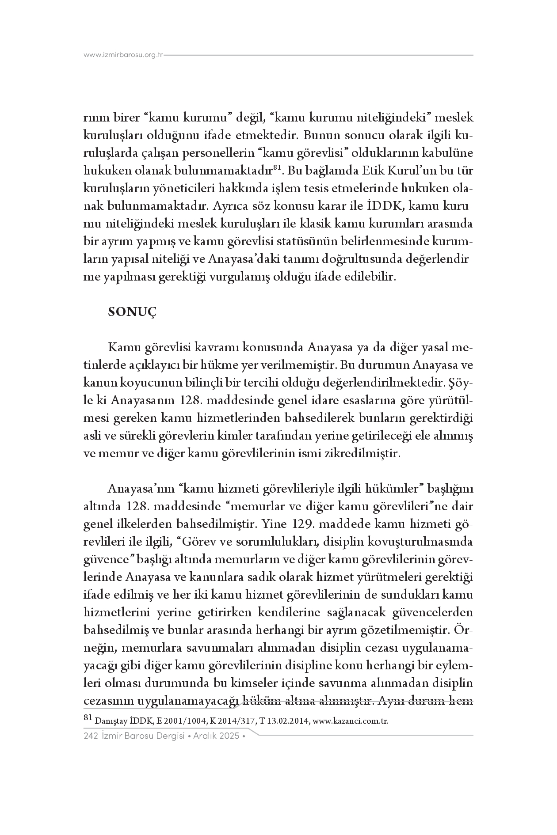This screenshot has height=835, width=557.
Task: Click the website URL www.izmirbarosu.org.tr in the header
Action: (123, 55)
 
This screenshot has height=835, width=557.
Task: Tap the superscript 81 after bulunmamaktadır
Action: (278, 167)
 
